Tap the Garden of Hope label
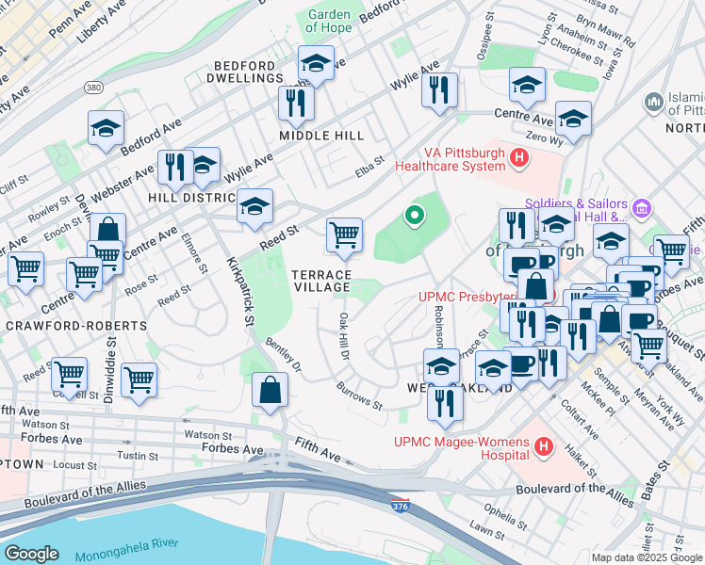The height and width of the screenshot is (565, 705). [x=329, y=21]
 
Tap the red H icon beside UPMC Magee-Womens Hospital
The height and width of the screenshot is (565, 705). [x=543, y=445]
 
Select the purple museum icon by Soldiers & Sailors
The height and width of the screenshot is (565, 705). [x=642, y=207]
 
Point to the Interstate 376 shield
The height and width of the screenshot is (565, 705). [x=400, y=507]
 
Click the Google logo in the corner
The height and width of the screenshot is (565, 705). [x=31, y=554]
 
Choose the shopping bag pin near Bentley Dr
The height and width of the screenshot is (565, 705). [x=271, y=391]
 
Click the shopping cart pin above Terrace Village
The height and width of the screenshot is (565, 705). [x=344, y=235]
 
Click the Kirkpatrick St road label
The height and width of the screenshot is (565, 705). [x=239, y=292]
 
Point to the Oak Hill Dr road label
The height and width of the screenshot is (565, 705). [x=343, y=336]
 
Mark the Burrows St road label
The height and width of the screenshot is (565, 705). [x=359, y=397]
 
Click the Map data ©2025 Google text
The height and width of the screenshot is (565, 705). [x=647, y=557]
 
